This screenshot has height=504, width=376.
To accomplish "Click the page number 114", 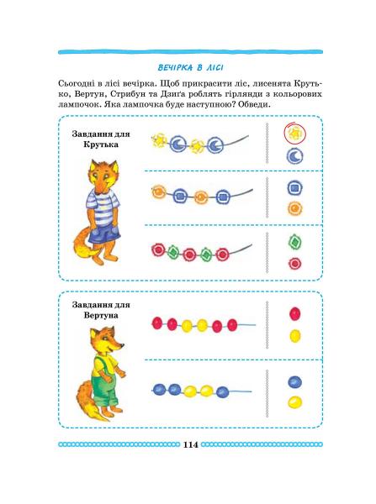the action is pyautogui.click(x=190, y=445).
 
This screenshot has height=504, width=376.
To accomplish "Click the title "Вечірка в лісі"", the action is pyautogui.click(x=191, y=68).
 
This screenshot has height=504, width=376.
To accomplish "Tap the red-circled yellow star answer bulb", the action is pyautogui.click(x=294, y=133).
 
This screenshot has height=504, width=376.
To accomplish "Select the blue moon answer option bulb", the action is pyautogui.click(x=295, y=156).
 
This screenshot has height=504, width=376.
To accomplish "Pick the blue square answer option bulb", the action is pyautogui.click(x=295, y=188).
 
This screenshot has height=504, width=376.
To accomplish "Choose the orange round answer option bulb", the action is pyautogui.click(x=295, y=208).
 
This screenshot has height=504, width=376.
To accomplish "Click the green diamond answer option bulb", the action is pyautogui.click(x=295, y=242).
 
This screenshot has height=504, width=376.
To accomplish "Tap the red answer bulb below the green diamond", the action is pyautogui.click(x=294, y=263).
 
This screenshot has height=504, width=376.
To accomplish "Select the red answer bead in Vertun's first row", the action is pyautogui.click(x=295, y=313).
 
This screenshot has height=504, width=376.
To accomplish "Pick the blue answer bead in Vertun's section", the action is pyautogui.click(x=294, y=382).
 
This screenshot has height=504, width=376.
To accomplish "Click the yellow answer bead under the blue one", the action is pyautogui.click(x=295, y=402).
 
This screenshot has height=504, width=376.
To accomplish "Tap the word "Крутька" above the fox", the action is pyautogui.click(x=100, y=144).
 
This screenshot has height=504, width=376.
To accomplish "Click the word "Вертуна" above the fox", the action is pyautogui.click(x=101, y=315).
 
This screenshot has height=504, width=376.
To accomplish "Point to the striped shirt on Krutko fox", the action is pyautogui.click(x=102, y=204).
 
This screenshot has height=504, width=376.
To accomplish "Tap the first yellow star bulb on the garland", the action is pyautogui.click(x=159, y=141).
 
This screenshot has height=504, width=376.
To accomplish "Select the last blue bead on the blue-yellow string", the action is pyautogui.click(x=222, y=391).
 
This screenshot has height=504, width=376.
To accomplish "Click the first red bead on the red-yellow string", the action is pyautogui.click(x=157, y=323).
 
